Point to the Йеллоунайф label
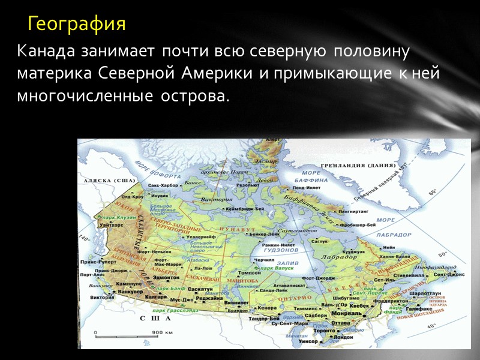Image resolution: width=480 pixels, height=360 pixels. [x=200, y=238]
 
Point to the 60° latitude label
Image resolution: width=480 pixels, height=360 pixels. [x=433, y=193]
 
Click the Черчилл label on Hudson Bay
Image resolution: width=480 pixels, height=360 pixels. [x=263, y=260]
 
